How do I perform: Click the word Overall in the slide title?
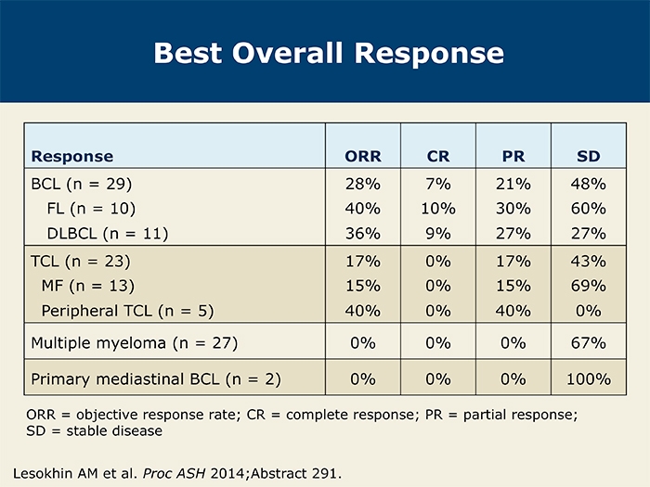point(287,54)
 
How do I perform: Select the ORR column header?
point(363,156)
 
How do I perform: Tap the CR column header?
point(438,156)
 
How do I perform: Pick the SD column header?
point(588,156)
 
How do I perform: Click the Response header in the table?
point(72,157)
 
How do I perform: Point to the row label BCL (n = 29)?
point(82,184)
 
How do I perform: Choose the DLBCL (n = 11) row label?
point(108,234)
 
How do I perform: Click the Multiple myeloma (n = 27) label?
point(135,343)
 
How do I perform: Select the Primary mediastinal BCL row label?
point(156,379)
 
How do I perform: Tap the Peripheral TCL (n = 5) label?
point(128,311)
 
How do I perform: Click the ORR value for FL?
point(363,209)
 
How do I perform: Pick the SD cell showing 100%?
point(588,379)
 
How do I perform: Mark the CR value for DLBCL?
point(438,234)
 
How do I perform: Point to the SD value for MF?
point(588,286)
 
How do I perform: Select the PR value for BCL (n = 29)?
point(513,184)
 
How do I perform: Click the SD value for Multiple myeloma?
point(588,343)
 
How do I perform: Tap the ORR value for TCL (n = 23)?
point(363,262)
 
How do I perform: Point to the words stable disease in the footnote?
point(114,431)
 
